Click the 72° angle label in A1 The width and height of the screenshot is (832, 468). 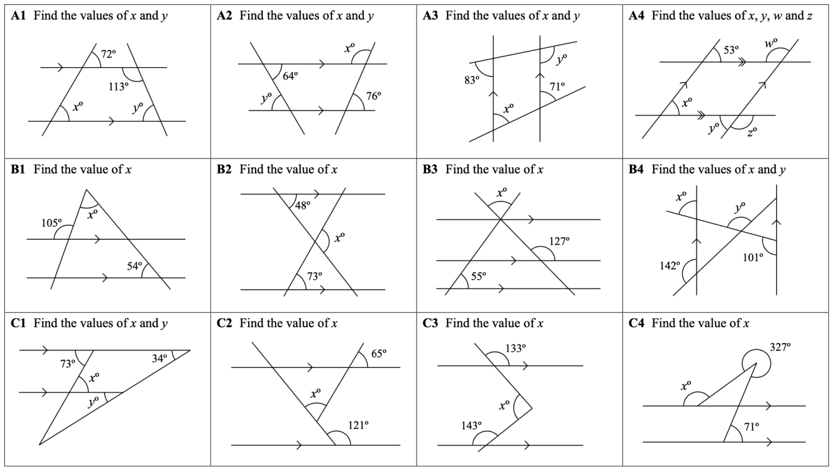pos(108,54)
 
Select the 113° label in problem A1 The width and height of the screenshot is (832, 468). pos(119,87)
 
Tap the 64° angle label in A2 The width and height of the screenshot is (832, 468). pos(290,76)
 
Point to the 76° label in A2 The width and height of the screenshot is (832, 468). pos(373,96)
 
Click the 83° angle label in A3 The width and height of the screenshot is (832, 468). pos(472,80)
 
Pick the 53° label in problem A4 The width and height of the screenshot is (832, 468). pos(731,50)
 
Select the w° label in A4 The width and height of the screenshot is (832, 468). pos(771,43)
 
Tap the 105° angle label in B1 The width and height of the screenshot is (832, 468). pos(51,223)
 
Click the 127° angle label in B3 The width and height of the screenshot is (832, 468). pos(560,241)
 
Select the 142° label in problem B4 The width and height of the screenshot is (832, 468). pos(669,265)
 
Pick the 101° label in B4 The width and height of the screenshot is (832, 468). pos(752,257)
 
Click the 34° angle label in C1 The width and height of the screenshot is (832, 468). pos(159,359)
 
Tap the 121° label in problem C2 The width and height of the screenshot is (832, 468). pos(359,425)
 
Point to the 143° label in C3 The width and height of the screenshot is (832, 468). pos(471,425)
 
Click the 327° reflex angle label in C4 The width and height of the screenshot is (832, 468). pos(780,347)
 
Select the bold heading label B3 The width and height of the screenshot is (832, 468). pos(430,169)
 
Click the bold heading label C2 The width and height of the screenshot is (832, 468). pos(224,323)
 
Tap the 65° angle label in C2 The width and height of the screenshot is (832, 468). pos(379,354)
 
